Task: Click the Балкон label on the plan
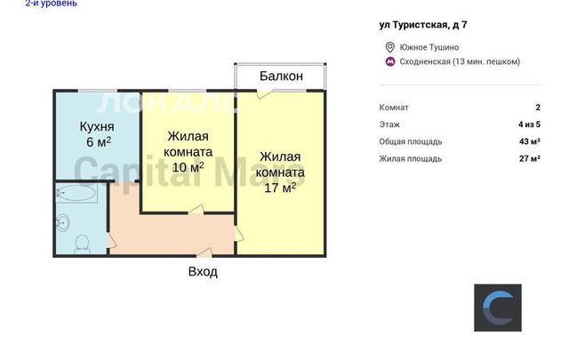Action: tap(281, 76)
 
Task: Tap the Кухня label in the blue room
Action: tap(97, 126)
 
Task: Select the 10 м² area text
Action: tap(188, 167)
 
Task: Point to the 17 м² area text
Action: tap(280, 188)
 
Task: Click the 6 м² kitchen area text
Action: tap(99, 142)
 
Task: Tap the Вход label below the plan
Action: tap(203, 271)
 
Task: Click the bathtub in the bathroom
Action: tap(76, 193)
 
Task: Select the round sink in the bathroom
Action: tap(63, 221)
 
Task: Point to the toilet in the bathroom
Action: tap(82, 244)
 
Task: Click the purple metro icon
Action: tap(390, 61)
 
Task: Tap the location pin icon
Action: tap(390, 47)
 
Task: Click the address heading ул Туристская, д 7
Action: tap(423, 25)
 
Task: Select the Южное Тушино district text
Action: tap(429, 47)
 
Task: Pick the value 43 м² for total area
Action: tap(530, 141)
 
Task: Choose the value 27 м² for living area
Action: tap(530, 158)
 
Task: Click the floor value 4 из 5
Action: tap(530, 124)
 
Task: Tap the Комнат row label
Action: tap(394, 108)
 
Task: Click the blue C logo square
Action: tap(498, 308)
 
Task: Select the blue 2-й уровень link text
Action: tap(52, 4)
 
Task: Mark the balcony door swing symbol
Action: tap(263, 93)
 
